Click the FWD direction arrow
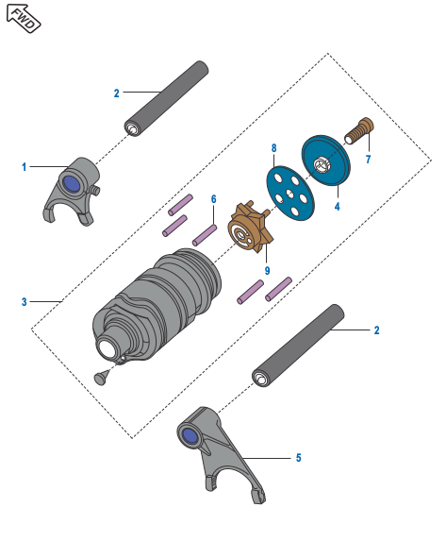point(24,18)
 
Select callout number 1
point(25,166)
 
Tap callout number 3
point(25,302)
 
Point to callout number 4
point(337,206)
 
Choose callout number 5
point(299,458)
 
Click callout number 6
point(214,199)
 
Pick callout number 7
point(368,159)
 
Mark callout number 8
point(273,148)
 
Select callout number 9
point(267,271)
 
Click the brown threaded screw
point(359,131)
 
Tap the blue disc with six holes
point(290,194)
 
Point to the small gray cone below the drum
point(102,377)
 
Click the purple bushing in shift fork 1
point(73,184)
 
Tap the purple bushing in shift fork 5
point(190,436)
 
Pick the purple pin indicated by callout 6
point(205,235)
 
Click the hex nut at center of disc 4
point(321,165)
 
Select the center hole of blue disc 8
point(290,194)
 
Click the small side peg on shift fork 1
point(94,190)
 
